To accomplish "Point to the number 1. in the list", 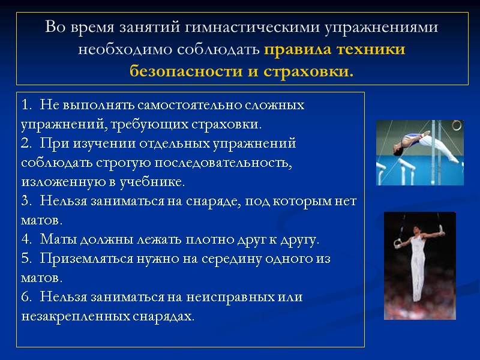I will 26,105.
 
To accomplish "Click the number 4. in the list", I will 26,240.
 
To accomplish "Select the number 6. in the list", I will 26,297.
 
